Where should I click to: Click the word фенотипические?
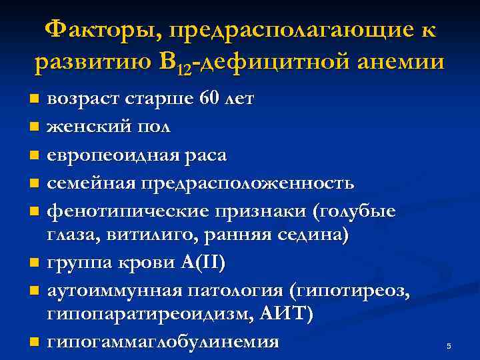click(x=123, y=211)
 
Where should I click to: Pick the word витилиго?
click(x=147, y=235)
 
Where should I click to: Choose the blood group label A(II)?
click(x=203, y=263)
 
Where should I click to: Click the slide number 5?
click(x=449, y=346)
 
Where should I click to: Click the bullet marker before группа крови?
click(x=34, y=263)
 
